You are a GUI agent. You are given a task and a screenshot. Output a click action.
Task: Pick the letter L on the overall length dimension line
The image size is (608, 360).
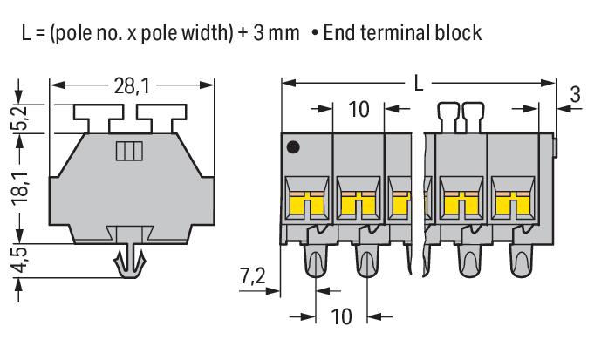(x=419, y=84)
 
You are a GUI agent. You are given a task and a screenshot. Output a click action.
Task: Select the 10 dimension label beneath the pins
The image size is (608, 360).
(x=342, y=316)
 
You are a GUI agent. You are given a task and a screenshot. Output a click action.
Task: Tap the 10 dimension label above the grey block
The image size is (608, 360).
(x=359, y=110)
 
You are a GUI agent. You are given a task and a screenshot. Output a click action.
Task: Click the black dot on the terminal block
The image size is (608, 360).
(x=295, y=147)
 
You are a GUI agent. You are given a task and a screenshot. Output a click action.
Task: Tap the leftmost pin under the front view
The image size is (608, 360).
(x=313, y=262)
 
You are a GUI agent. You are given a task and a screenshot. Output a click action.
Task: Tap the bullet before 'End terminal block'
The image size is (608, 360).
(x=313, y=34)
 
